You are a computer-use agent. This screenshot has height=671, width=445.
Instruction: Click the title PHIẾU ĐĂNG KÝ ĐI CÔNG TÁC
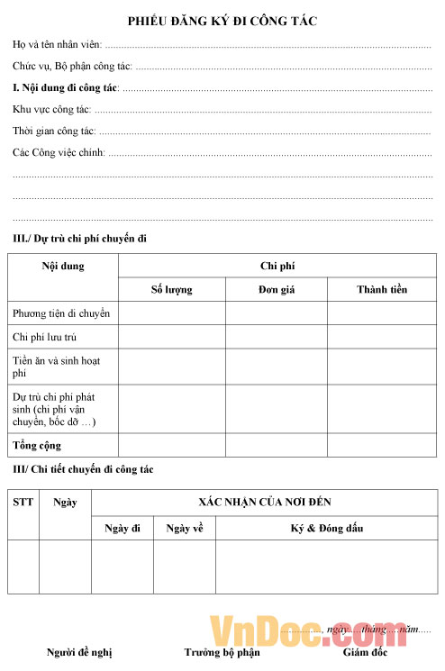coord(222,20)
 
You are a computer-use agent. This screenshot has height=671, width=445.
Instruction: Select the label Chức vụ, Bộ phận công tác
coord(72,66)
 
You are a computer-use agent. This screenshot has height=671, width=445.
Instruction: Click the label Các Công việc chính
coord(59,152)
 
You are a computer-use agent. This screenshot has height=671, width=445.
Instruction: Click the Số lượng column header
coord(171,290)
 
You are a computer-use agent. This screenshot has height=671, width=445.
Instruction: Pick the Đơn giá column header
coord(276,290)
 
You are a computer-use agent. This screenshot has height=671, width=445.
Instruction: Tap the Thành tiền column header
coord(381,290)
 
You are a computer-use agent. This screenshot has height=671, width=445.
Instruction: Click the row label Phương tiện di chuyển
coord(61,313)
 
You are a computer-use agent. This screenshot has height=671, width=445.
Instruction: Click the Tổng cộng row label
coord(37,446)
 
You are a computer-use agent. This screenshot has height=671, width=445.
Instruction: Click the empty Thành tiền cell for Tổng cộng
coord(381,446)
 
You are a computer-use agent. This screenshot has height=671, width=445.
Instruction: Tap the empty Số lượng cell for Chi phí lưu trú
coord(171,337)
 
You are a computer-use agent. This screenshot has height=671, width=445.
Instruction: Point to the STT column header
coord(23,502)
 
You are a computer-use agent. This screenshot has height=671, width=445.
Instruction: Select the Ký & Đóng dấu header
coord(326,528)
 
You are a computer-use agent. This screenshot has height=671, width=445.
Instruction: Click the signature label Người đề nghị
coord(79,652)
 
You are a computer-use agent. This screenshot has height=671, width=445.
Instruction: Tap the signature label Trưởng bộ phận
coord(222,652)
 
